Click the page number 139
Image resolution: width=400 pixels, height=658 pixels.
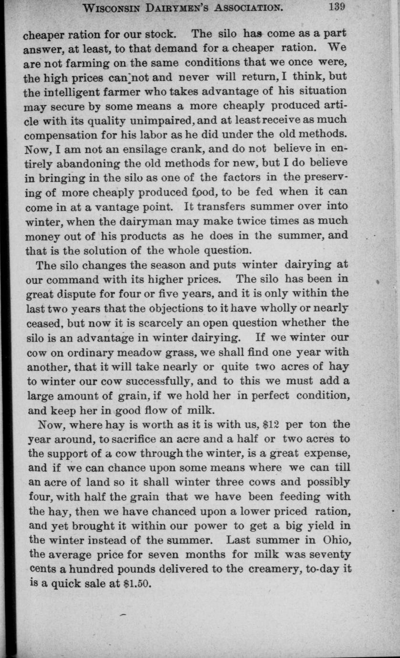point(336,7)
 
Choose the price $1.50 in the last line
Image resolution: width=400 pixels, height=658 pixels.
point(137,584)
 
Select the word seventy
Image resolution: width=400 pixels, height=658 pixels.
point(331,555)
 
